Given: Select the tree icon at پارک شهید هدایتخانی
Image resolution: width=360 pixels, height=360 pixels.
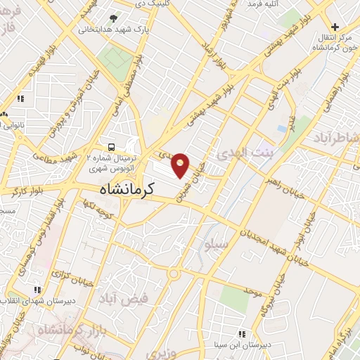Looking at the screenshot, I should (114, 18).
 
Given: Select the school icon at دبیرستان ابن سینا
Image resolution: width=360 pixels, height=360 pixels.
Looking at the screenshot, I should (242, 335).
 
